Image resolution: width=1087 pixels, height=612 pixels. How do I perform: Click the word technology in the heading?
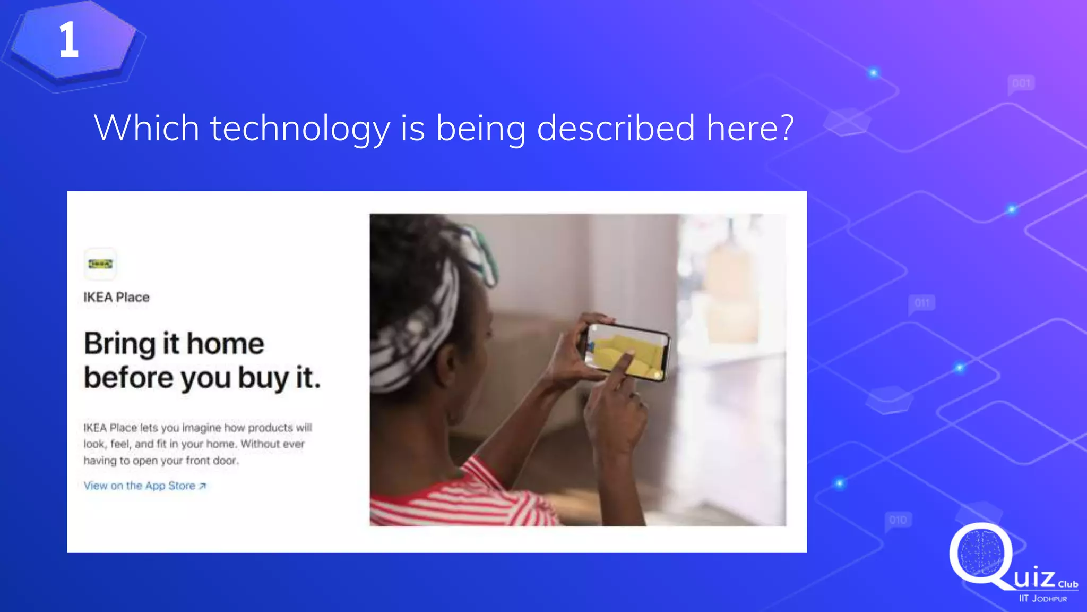pyautogui.click(x=300, y=129)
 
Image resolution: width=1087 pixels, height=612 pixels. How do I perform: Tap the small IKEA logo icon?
pyautogui.click(x=100, y=264)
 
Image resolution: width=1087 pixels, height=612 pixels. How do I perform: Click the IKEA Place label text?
pyautogui.click(x=116, y=297)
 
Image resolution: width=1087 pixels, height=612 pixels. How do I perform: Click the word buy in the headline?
pyautogui.click(x=263, y=378)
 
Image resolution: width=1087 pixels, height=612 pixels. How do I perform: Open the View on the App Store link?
pyautogui.click(x=140, y=486)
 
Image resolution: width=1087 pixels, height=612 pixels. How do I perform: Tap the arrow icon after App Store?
pyautogui.click(x=202, y=486)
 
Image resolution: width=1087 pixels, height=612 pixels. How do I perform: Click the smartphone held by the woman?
pyautogui.click(x=626, y=351)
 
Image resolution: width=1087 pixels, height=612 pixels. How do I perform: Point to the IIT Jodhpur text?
pyautogui.click(x=1042, y=599)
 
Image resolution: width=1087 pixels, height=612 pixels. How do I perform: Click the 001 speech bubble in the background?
pyautogui.click(x=1021, y=83)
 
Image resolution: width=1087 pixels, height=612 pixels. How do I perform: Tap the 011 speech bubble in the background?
pyautogui.click(x=922, y=303)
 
